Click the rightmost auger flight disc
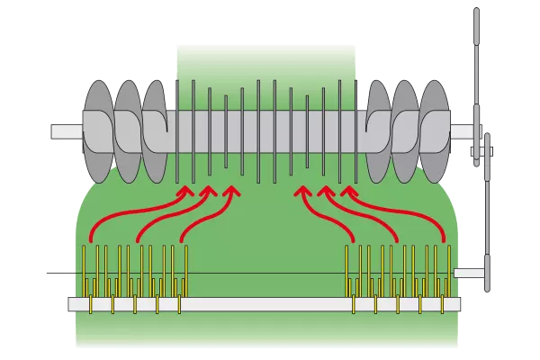pyautogui.click(x=435, y=130)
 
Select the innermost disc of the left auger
pyautogui.click(x=155, y=130)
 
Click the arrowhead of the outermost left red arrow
pyautogui.click(x=187, y=190)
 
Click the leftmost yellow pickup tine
pyautogui.click(x=86, y=270)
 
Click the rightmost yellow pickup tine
pyautogui.click(x=447, y=270)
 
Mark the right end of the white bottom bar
pyautogui.click(x=459, y=305)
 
